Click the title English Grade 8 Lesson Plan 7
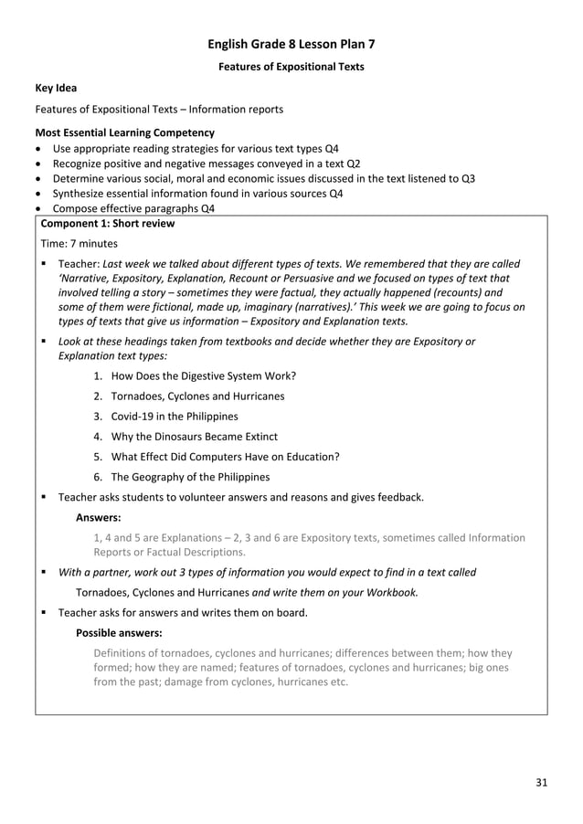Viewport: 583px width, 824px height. [291, 43]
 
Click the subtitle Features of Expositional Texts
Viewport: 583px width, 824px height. [291, 67]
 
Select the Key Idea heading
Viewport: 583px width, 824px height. [56, 89]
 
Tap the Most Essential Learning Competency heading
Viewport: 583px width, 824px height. [124, 132]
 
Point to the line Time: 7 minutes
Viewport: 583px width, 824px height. [79, 244]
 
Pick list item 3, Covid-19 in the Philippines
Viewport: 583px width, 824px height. [174, 416]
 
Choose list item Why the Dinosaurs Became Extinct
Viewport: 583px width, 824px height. [194, 437]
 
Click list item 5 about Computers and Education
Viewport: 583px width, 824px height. [225, 457]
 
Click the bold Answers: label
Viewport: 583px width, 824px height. [100, 517]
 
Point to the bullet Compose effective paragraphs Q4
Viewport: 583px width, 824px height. [133, 208]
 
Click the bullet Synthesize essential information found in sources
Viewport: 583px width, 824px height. [197, 194]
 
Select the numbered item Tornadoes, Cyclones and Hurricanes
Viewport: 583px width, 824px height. [197, 396]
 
